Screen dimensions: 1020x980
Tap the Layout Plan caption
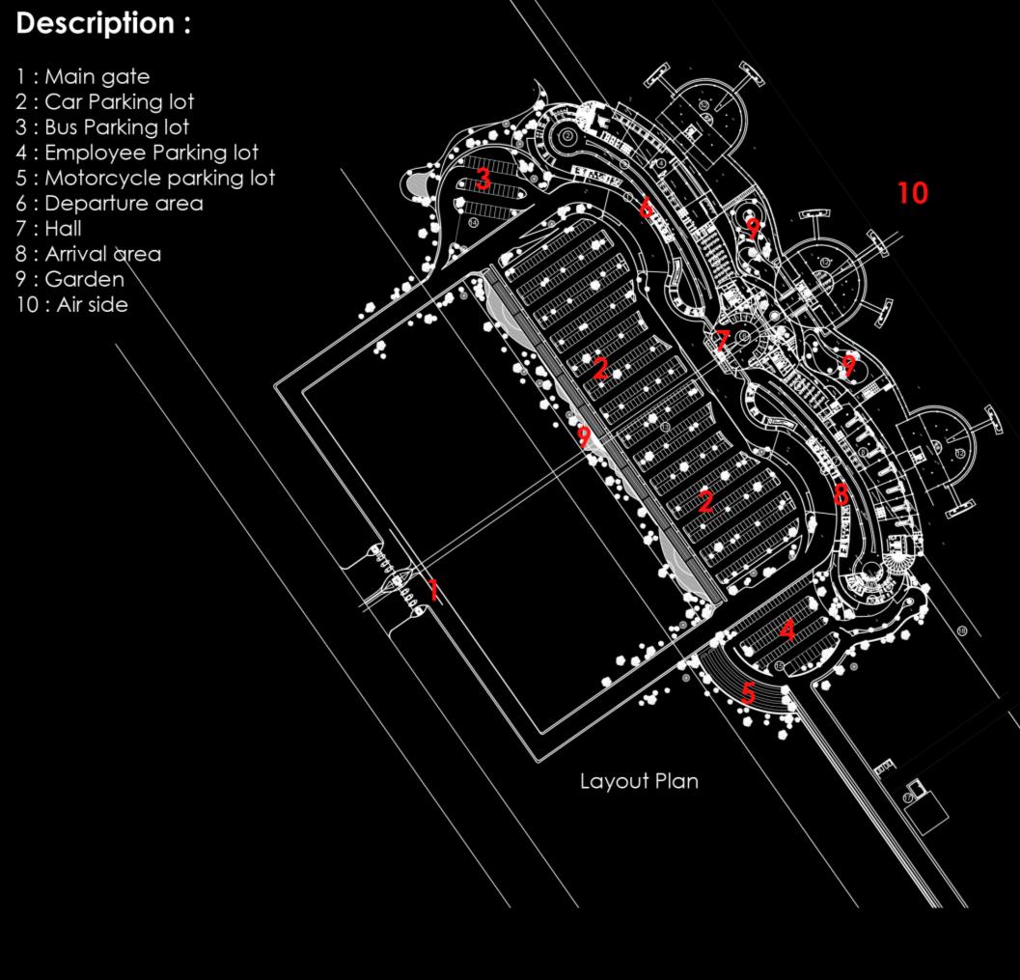click(639, 781)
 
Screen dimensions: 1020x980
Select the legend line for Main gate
click(83, 76)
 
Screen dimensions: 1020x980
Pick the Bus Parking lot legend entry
click(102, 127)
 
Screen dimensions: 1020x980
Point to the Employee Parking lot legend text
click(137, 153)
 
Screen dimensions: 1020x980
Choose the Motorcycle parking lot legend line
click(146, 178)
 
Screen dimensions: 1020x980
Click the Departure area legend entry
click(109, 204)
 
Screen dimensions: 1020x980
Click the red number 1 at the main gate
click(434, 589)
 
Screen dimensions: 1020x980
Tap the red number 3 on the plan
click(483, 179)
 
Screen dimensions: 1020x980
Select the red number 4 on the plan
click(788, 631)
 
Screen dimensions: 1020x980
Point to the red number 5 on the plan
click(749, 693)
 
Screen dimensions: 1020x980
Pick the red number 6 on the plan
click(646, 207)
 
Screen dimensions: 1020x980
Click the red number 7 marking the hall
click(723, 341)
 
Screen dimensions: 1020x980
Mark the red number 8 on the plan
click(841, 495)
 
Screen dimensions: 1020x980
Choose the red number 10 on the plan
click(912, 193)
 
